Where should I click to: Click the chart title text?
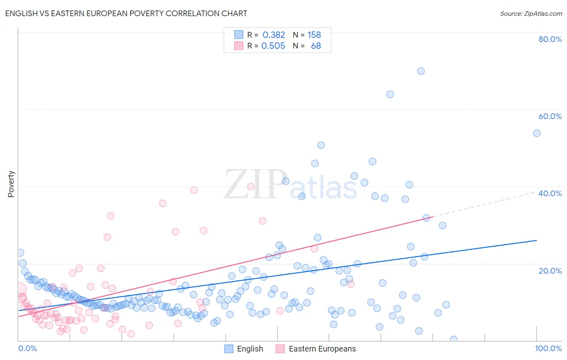(126, 13)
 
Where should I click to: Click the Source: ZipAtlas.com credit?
(531, 13)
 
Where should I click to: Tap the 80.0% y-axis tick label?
(550, 39)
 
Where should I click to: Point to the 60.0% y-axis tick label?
(550, 116)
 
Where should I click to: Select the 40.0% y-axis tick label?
(550, 193)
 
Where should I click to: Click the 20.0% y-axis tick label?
(550, 271)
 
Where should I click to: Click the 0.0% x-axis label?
(27, 348)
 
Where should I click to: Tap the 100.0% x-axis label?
(548, 348)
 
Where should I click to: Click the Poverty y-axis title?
(11, 184)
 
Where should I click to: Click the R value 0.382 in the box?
(273, 35)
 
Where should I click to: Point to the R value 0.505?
(273, 46)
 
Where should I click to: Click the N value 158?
(314, 35)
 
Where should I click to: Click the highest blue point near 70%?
(421, 71)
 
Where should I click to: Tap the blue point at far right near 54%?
(537, 133)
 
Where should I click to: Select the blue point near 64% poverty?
(390, 94)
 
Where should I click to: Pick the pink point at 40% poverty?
(251, 186)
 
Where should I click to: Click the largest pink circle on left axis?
(19, 289)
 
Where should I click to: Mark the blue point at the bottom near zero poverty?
(453, 339)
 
